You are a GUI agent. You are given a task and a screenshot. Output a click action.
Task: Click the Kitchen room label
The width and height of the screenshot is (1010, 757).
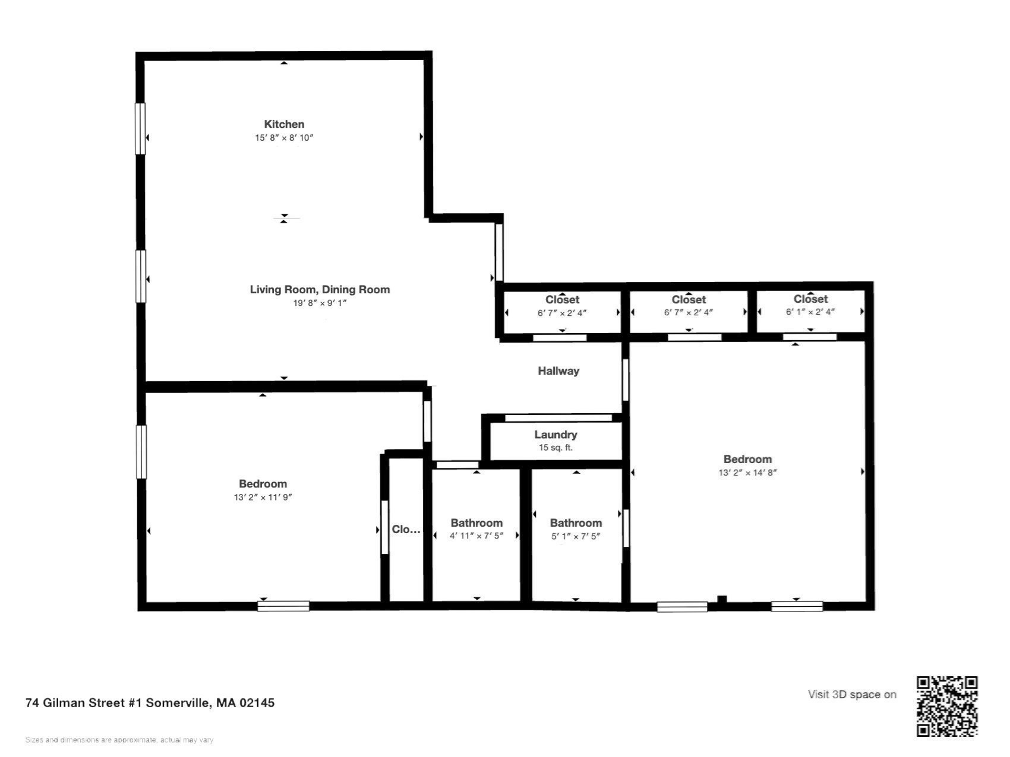point(284,124)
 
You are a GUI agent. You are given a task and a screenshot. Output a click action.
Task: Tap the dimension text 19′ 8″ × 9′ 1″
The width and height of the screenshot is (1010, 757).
point(320,303)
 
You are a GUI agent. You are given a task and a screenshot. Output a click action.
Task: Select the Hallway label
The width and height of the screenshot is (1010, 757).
point(558,371)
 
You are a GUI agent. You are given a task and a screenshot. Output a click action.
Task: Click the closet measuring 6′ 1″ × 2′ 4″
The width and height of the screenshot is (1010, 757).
point(810,305)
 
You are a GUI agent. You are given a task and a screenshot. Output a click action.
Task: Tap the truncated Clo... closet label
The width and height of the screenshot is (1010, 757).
point(406,530)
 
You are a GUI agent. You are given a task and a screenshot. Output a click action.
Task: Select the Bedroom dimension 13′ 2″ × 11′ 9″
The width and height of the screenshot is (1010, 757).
point(263,498)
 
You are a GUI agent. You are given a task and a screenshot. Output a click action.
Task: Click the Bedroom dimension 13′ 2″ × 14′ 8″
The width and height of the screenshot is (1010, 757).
point(747,473)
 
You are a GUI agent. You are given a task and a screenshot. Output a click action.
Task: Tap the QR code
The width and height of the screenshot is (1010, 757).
point(946,707)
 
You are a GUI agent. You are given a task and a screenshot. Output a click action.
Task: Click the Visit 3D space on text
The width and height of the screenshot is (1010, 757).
point(851,695)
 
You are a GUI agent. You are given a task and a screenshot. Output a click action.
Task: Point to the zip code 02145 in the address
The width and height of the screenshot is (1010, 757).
point(257,703)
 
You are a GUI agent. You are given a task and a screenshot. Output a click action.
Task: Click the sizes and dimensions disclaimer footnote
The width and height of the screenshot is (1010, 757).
point(119,740)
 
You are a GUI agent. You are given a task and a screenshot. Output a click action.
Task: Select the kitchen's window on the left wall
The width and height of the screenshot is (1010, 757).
point(140,129)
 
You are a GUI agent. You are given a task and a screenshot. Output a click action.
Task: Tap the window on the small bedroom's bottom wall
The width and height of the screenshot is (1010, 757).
point(283,606)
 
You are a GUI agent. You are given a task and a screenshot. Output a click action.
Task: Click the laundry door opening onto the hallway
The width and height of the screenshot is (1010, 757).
point(558,418)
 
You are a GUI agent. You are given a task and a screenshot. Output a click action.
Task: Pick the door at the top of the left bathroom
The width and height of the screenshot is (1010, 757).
point(457,465)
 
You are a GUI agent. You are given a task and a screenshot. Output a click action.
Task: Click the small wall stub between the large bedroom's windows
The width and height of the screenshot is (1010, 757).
point(722,600)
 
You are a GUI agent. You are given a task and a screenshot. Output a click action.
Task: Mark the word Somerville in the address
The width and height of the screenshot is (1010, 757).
point(177,703)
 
